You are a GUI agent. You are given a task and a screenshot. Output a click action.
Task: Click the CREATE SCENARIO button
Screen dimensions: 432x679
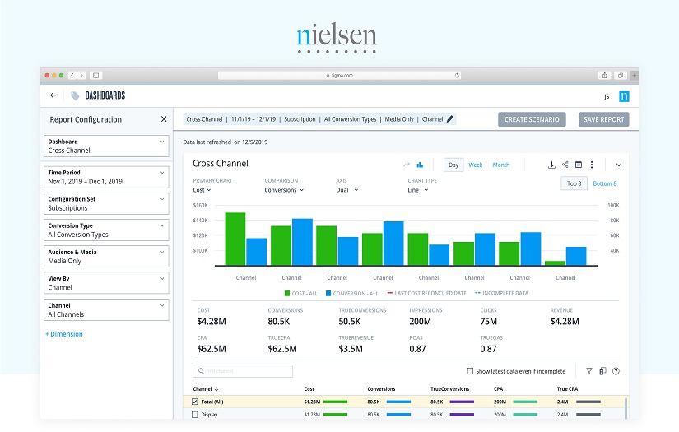click(x=532, y=119)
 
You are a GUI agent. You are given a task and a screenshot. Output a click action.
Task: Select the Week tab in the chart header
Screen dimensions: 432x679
click(x=476, y=165)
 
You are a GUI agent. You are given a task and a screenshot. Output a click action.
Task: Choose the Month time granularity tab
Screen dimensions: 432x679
click(x=501, y=165)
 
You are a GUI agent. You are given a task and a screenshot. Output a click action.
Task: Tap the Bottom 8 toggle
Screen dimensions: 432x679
click(x=604, y=183)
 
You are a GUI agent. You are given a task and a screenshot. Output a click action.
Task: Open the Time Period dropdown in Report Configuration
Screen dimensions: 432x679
click(x=106, y=177)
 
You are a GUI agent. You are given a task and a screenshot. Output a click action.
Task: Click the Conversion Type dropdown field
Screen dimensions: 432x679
click(x=106, y=230)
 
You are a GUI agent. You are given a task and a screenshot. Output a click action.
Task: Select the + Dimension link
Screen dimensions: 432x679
click(x=64, y=334)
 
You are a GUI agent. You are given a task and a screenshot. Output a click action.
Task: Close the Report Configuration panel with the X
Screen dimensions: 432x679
click(x=164, y=119)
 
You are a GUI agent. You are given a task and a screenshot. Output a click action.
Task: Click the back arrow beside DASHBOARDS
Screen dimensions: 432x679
click(x=53, y=95)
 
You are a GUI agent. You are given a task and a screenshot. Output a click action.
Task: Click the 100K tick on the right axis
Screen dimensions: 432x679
click(x=613, y=205)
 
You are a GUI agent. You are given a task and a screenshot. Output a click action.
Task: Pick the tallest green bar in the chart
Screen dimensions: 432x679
click(x=235, y=237)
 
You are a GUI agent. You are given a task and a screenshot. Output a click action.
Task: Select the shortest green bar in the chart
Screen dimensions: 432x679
click(x=555, y=262)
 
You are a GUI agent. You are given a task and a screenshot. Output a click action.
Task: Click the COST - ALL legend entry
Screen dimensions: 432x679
click(x=302, y=293)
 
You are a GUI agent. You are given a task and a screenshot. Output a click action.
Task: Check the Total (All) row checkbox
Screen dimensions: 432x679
click(x=195, y=402)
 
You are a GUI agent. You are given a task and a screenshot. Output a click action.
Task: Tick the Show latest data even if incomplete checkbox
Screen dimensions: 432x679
click(x=470, y=371)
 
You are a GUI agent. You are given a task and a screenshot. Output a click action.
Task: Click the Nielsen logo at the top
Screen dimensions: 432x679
click(x=337, y=37)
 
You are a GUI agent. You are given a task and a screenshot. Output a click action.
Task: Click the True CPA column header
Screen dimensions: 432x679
click(x=567, y=388)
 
